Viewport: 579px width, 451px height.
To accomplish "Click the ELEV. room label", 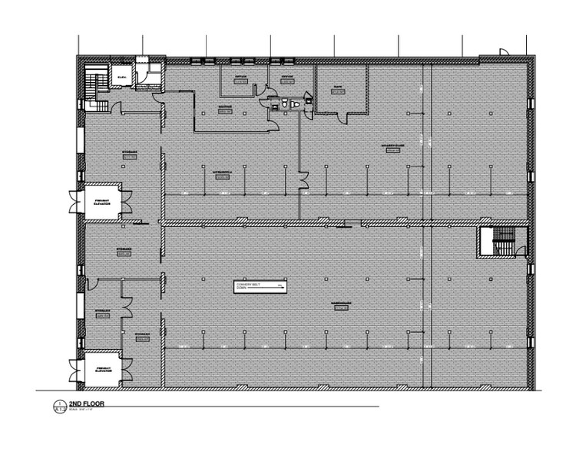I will [121, 77].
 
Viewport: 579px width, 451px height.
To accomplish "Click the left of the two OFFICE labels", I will [240, 77].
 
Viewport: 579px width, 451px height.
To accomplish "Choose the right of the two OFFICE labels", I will [286, 77].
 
